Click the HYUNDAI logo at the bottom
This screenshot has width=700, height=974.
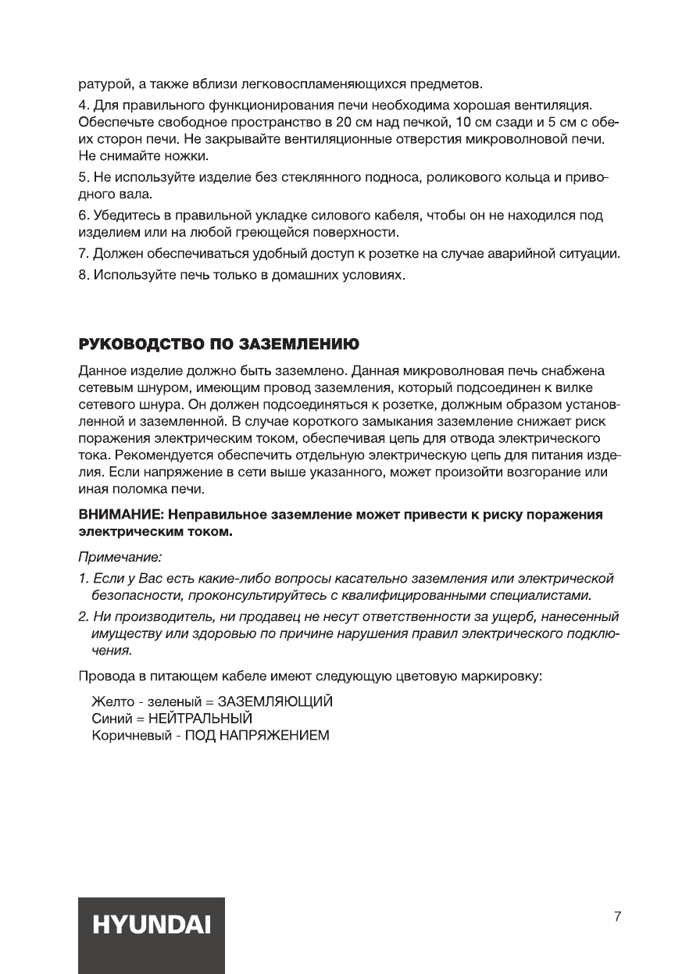(x=152, y=926)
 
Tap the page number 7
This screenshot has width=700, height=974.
(x=617, y=916)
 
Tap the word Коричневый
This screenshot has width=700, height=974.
(x=127, y=735)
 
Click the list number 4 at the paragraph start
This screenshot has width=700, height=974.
(x=83, y=104)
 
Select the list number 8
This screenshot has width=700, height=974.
(x=83, y=277)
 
